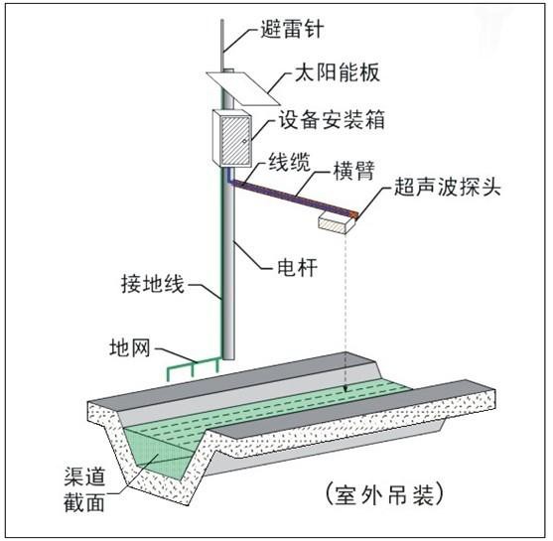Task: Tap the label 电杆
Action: click(298, 267)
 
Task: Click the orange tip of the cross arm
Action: click(352, 212)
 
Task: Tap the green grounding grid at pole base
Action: click(194, 369)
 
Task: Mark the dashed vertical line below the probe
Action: click(344, 308)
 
